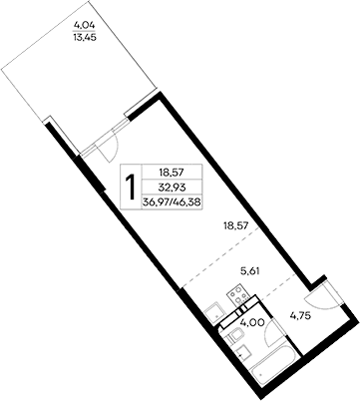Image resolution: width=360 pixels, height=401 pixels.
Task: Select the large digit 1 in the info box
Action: point(130,186)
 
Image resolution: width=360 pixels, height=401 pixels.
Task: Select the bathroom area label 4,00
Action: point(253,323)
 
